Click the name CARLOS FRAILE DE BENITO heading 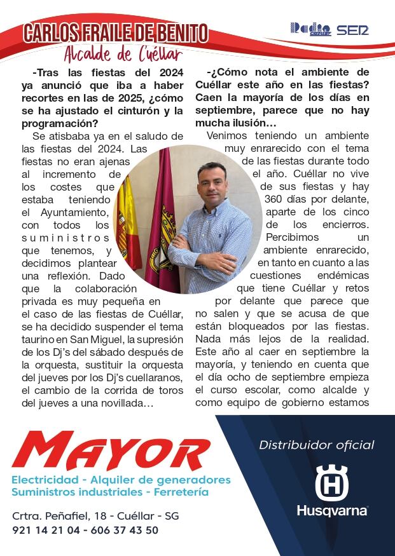[x=115, y=33]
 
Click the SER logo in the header [x=352, y=29]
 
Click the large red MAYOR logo [x=111, y=452]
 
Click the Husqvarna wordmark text [x=332, y=511]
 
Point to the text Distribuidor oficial [x=316, y=445]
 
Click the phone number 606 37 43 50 [x=125, y=529]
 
